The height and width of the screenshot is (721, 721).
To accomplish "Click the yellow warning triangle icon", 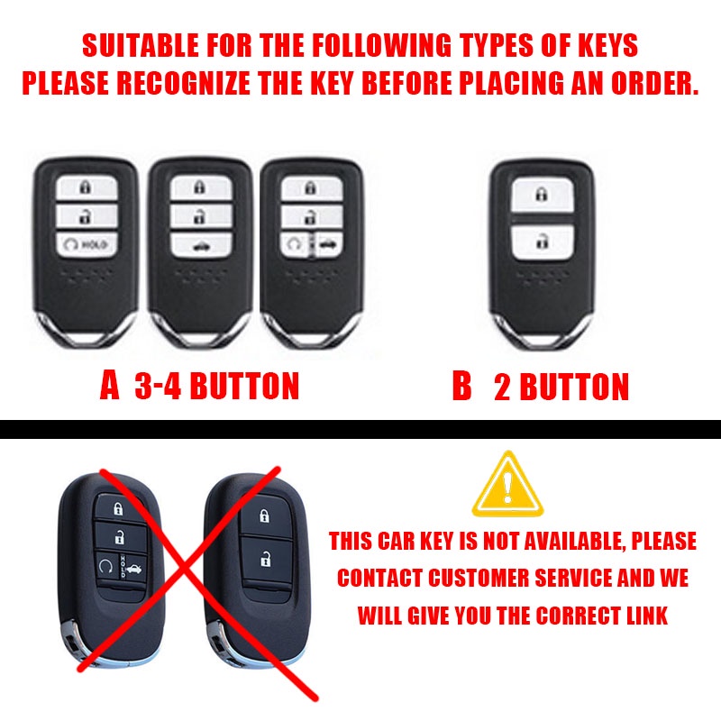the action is [507, 484].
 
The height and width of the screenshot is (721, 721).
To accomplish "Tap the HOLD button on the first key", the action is [87, 244].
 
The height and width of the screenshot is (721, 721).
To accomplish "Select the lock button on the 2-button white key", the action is [543, 195].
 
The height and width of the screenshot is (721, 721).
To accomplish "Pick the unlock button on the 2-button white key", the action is [543, 242].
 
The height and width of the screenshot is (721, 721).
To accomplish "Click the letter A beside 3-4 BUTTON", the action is [110, 386].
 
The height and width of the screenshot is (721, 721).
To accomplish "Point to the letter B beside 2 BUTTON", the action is [461, 386].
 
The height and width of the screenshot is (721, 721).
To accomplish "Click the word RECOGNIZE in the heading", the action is [184, 83].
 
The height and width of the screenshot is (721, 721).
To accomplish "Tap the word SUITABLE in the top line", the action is [141, 45].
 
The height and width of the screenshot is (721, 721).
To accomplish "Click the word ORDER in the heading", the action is [655, 83].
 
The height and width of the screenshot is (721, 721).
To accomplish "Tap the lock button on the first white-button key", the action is [87, 187].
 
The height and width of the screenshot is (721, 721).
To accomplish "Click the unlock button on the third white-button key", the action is [312, 216].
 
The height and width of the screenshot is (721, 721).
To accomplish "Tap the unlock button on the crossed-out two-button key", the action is [266, 560].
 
